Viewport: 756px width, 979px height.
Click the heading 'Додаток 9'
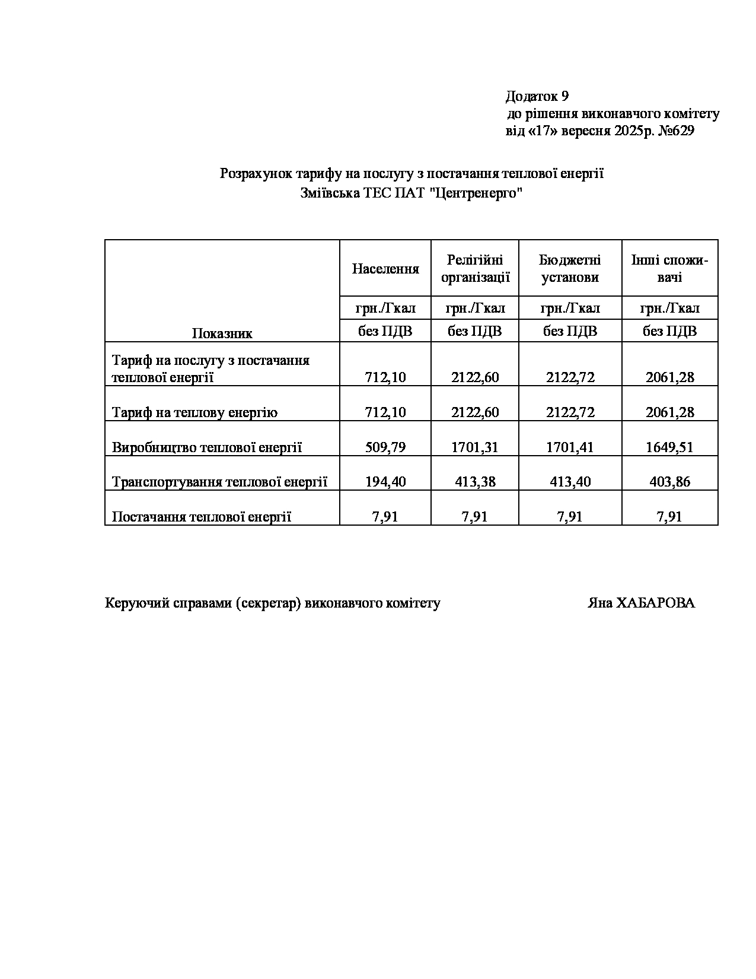(537, 96)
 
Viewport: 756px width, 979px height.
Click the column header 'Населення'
(385, 269)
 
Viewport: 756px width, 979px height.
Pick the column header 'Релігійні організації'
(475, 269)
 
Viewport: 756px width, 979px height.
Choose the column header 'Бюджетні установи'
(570, 269)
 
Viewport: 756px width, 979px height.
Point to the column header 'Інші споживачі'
(670, 269)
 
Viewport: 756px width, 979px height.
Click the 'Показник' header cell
(222, 333)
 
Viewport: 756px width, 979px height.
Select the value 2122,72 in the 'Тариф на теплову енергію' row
(570, 412)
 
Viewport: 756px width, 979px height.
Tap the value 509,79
(385, 447)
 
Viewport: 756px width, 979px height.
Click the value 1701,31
(475, 447)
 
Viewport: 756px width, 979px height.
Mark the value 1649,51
(670, 447)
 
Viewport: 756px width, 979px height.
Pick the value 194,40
(385, 482)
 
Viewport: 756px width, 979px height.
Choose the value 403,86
(670, 482)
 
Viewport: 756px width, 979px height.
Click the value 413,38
(475, 482)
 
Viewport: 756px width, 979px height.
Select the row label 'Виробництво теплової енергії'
(207, 447)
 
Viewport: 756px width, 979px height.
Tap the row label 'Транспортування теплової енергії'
(219, 482)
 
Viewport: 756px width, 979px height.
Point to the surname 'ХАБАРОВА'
(655, 603)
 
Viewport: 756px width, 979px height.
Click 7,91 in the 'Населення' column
(385, 517)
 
